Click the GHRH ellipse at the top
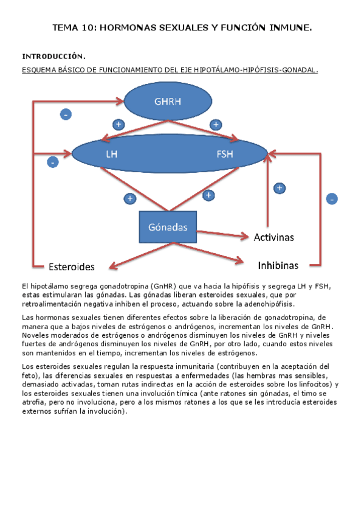[168, 101]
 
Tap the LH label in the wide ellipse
[112, 154]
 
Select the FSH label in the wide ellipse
[224, 154]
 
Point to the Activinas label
[273, 237]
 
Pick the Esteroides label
[72, 267]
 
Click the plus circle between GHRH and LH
[118, 124]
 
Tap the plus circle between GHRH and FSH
[215, 124]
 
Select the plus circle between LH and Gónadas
[129, 198]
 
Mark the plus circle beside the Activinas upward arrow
[279, 188]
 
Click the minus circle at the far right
[332, 198]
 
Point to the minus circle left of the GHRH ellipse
[66, 114]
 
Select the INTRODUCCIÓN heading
[54, 57]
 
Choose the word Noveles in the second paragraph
[35, 335]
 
